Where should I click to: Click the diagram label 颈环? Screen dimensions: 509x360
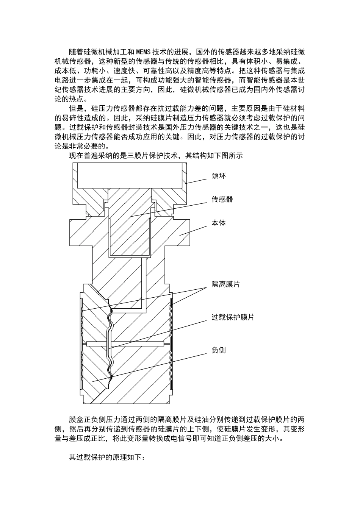coord(219,176)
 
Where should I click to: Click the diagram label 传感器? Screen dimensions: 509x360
coord(222,200)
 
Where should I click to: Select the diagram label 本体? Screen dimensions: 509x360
coord(219,223)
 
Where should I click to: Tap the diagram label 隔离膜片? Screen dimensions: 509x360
coord(226,284)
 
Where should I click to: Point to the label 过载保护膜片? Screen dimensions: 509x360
coord(233,317)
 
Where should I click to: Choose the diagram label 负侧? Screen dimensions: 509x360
coord(219,350)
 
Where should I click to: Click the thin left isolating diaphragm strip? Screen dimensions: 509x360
coord(82,341)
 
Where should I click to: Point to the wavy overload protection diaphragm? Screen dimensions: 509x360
coord(110,341)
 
